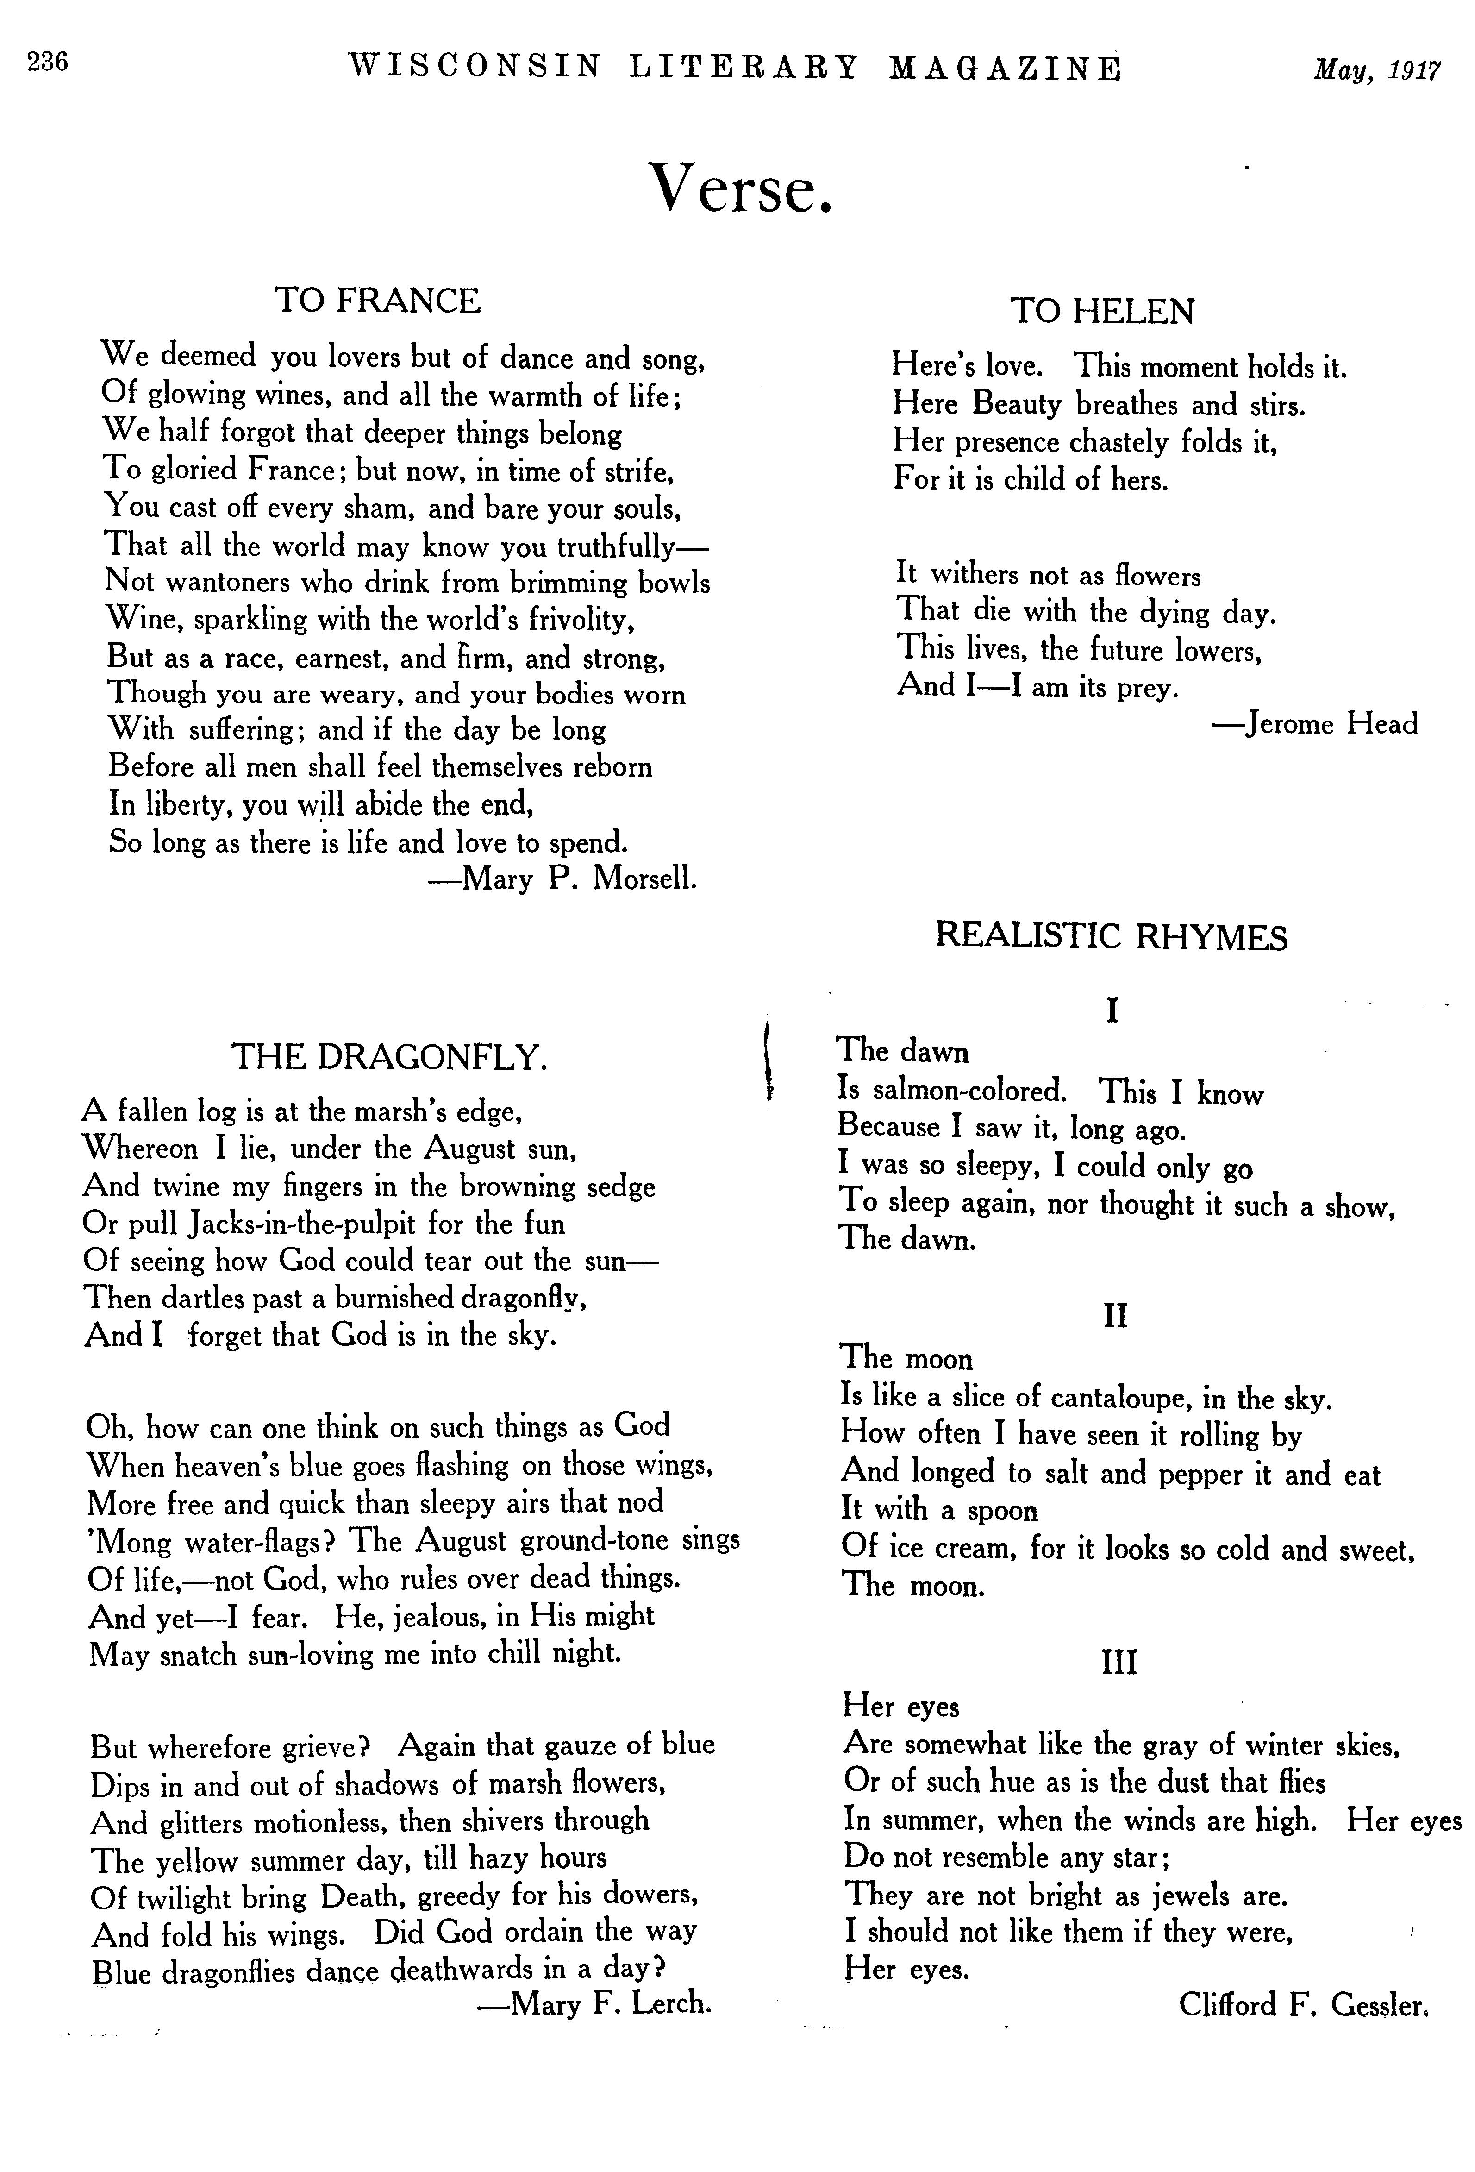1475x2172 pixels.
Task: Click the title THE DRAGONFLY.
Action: pos(388,1057)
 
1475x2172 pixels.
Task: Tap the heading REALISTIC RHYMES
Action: pos(1112,936)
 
